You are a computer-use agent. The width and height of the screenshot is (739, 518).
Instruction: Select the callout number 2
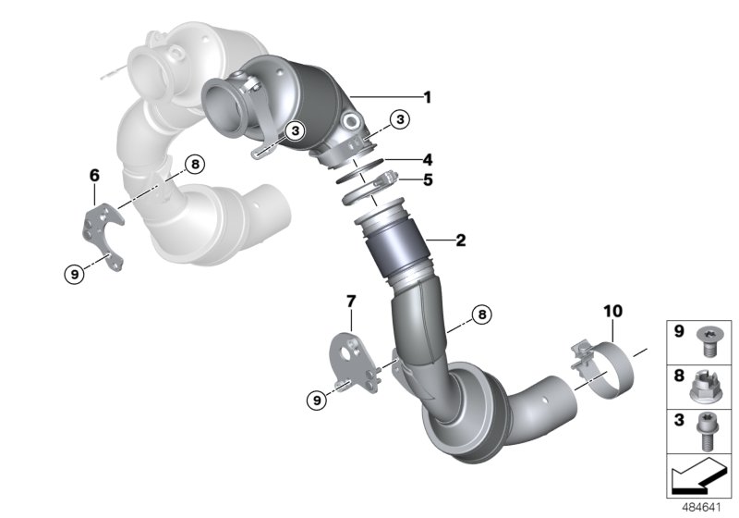459,241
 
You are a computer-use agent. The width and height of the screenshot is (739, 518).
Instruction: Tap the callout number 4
427,159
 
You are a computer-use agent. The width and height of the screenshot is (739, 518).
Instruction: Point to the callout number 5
427,180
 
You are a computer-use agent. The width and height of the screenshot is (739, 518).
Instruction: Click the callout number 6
93,174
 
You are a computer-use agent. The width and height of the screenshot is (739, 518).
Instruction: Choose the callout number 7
350,301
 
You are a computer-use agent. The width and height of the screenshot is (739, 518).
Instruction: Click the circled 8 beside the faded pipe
192,165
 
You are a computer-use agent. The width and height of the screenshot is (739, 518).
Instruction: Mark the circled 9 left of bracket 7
317,400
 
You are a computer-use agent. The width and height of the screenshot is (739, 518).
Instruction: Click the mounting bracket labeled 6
103,236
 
